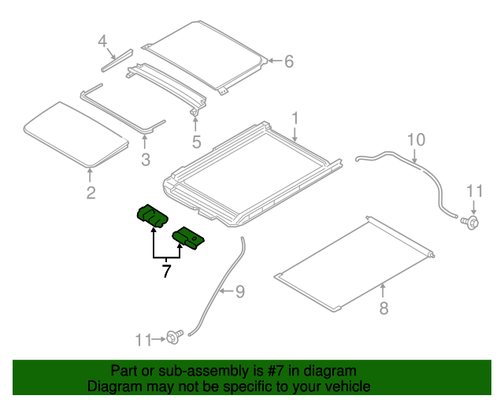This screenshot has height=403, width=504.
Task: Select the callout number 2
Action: pos(91,193)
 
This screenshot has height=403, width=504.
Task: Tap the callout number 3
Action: pos(145,161)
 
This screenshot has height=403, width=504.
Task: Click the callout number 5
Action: pos(196,142)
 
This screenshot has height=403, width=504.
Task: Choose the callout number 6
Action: pos(288,61)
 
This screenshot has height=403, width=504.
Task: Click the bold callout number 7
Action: pos(166,272)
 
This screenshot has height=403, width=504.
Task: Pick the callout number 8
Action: pos(384,308)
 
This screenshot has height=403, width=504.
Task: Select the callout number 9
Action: pos(240,292)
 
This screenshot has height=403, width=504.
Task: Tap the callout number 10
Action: pos(415,140)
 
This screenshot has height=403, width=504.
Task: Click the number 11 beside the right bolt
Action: pos(473,190)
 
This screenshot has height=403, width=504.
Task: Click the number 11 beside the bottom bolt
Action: pos(143,340)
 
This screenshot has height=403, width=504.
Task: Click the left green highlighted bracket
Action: pos(152,215)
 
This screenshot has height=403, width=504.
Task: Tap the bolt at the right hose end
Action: pos(472,224)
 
